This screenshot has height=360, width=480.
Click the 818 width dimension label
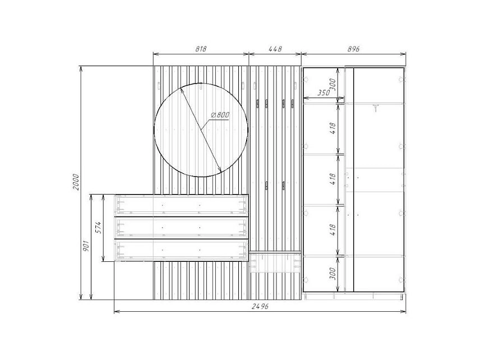[x=201, y=49]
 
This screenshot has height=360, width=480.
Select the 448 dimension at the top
[x=275, y=49]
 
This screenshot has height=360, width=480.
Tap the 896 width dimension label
[x=354, y=49]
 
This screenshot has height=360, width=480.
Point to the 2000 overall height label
[x=76, y=182]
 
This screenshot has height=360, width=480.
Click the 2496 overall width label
[x=260, y=306]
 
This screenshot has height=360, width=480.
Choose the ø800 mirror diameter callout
[x=220, y=115]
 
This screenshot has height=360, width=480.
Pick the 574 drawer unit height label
[x=98, y=228]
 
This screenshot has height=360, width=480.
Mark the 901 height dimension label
[x=86, y=246]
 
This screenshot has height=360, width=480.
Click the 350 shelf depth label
[x=323, y=93]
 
